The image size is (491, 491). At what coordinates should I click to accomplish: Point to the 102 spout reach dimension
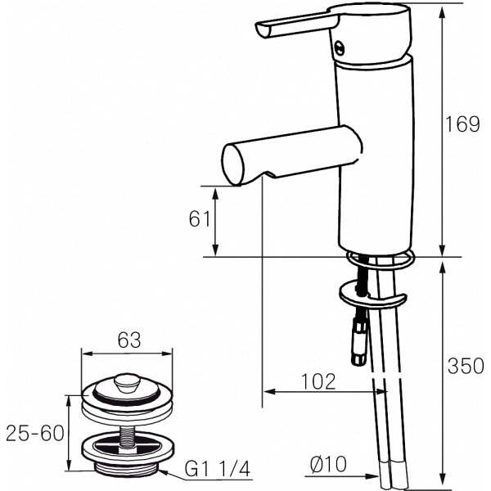click(x=318, y=381)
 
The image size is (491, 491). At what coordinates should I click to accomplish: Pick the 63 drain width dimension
click(x=127, y=339)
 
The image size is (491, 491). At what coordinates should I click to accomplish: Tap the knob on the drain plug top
click(x=127, y=381)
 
